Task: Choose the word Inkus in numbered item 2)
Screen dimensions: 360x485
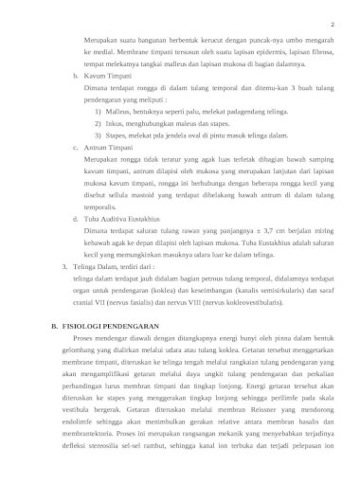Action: click(x=116, y=123)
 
